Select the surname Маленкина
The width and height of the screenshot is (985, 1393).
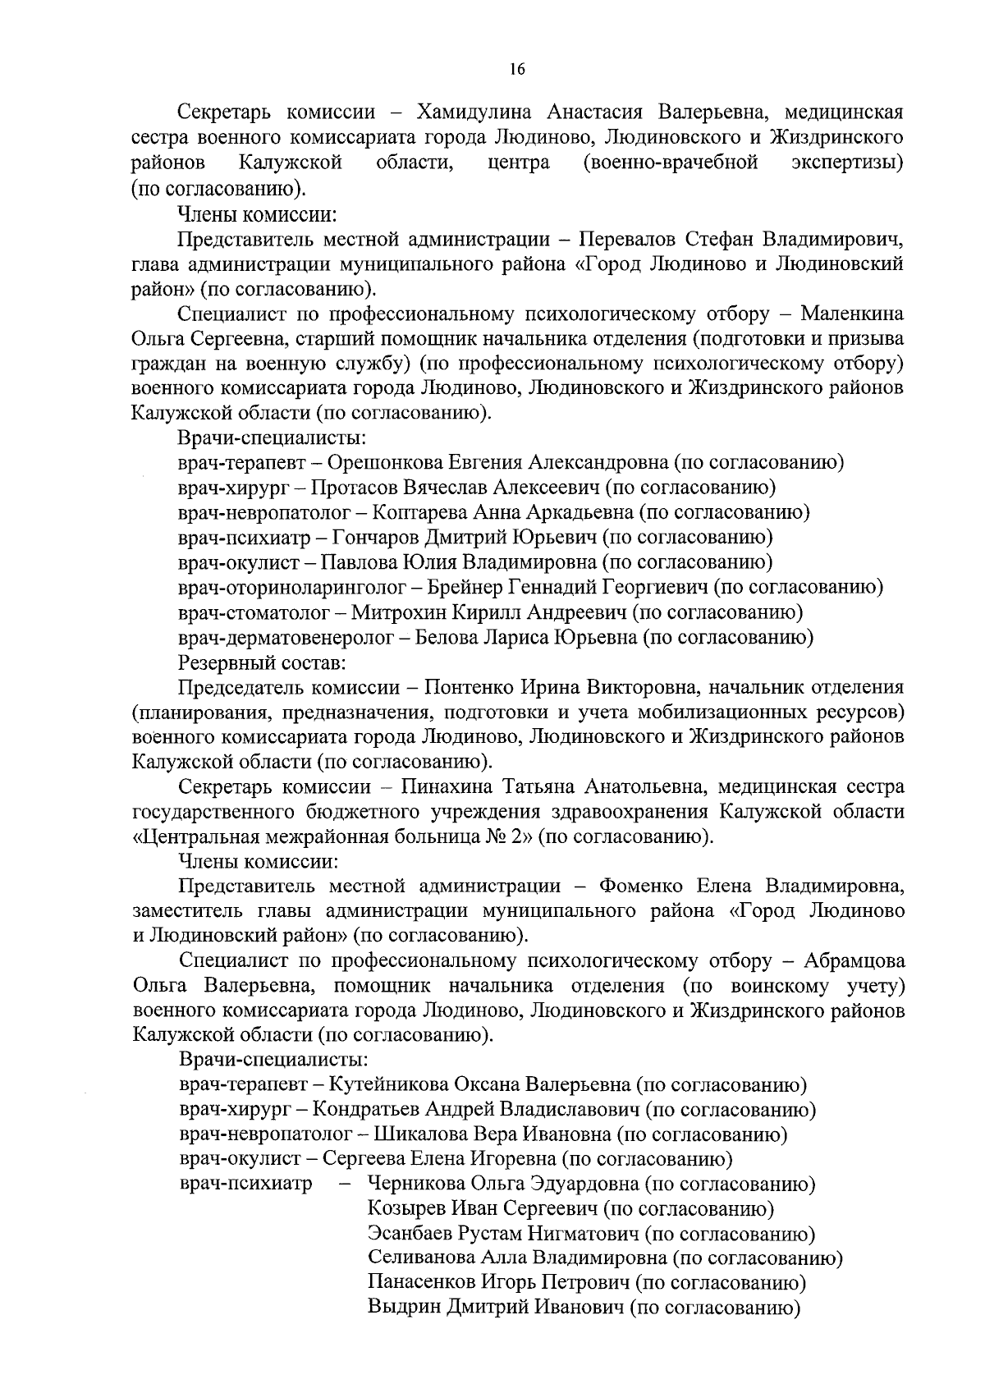[852, 314]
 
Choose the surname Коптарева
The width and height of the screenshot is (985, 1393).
[420, 512]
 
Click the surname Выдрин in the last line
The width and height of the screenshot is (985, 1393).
[403, 1309]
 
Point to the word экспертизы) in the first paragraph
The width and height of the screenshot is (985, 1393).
[847, 162]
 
